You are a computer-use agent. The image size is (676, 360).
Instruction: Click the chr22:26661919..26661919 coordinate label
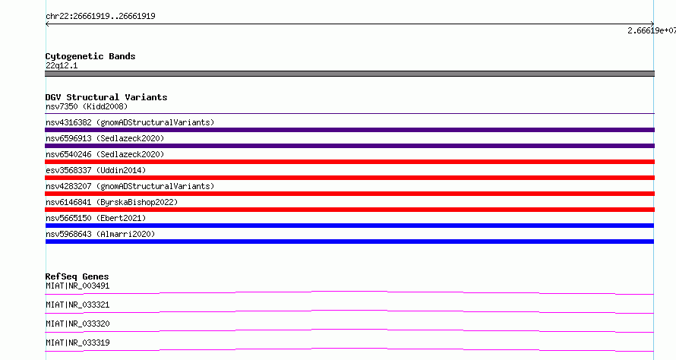click(100, 17)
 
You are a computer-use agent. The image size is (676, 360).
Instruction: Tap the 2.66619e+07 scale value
click(652, 30)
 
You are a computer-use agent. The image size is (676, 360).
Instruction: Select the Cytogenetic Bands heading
click(90, 56)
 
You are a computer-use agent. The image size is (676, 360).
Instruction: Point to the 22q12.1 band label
click(62, 65)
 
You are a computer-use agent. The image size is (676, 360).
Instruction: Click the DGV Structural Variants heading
click(106, 97)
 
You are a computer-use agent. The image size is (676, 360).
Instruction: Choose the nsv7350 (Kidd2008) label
click(87, 106)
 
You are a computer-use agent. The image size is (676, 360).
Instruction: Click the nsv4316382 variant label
click(130, 122)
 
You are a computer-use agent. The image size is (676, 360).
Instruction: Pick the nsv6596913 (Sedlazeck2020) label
click(105, 138)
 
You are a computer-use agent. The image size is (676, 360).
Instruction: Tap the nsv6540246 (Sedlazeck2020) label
click(105, 154)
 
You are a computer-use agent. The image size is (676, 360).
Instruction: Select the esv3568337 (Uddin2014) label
click(96, 170)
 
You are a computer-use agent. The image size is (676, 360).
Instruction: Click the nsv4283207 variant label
click(130, 186)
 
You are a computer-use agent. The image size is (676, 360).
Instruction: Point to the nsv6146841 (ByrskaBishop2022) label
click(112, 202)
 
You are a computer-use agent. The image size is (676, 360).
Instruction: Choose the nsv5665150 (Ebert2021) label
click(96, 218)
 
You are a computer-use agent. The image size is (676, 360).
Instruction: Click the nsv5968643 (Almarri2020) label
click(100, 234)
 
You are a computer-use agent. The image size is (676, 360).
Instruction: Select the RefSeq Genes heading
click(77, 276)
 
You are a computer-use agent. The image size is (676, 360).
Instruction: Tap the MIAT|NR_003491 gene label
click(77, 286)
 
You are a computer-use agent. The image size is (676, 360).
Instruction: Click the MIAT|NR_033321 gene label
click(77, 305)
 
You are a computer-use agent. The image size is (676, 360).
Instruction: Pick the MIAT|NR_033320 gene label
click(77, 324)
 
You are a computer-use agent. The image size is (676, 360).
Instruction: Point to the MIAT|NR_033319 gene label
click(77, 343)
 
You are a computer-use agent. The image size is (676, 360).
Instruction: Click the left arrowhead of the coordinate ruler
click(46, 24)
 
